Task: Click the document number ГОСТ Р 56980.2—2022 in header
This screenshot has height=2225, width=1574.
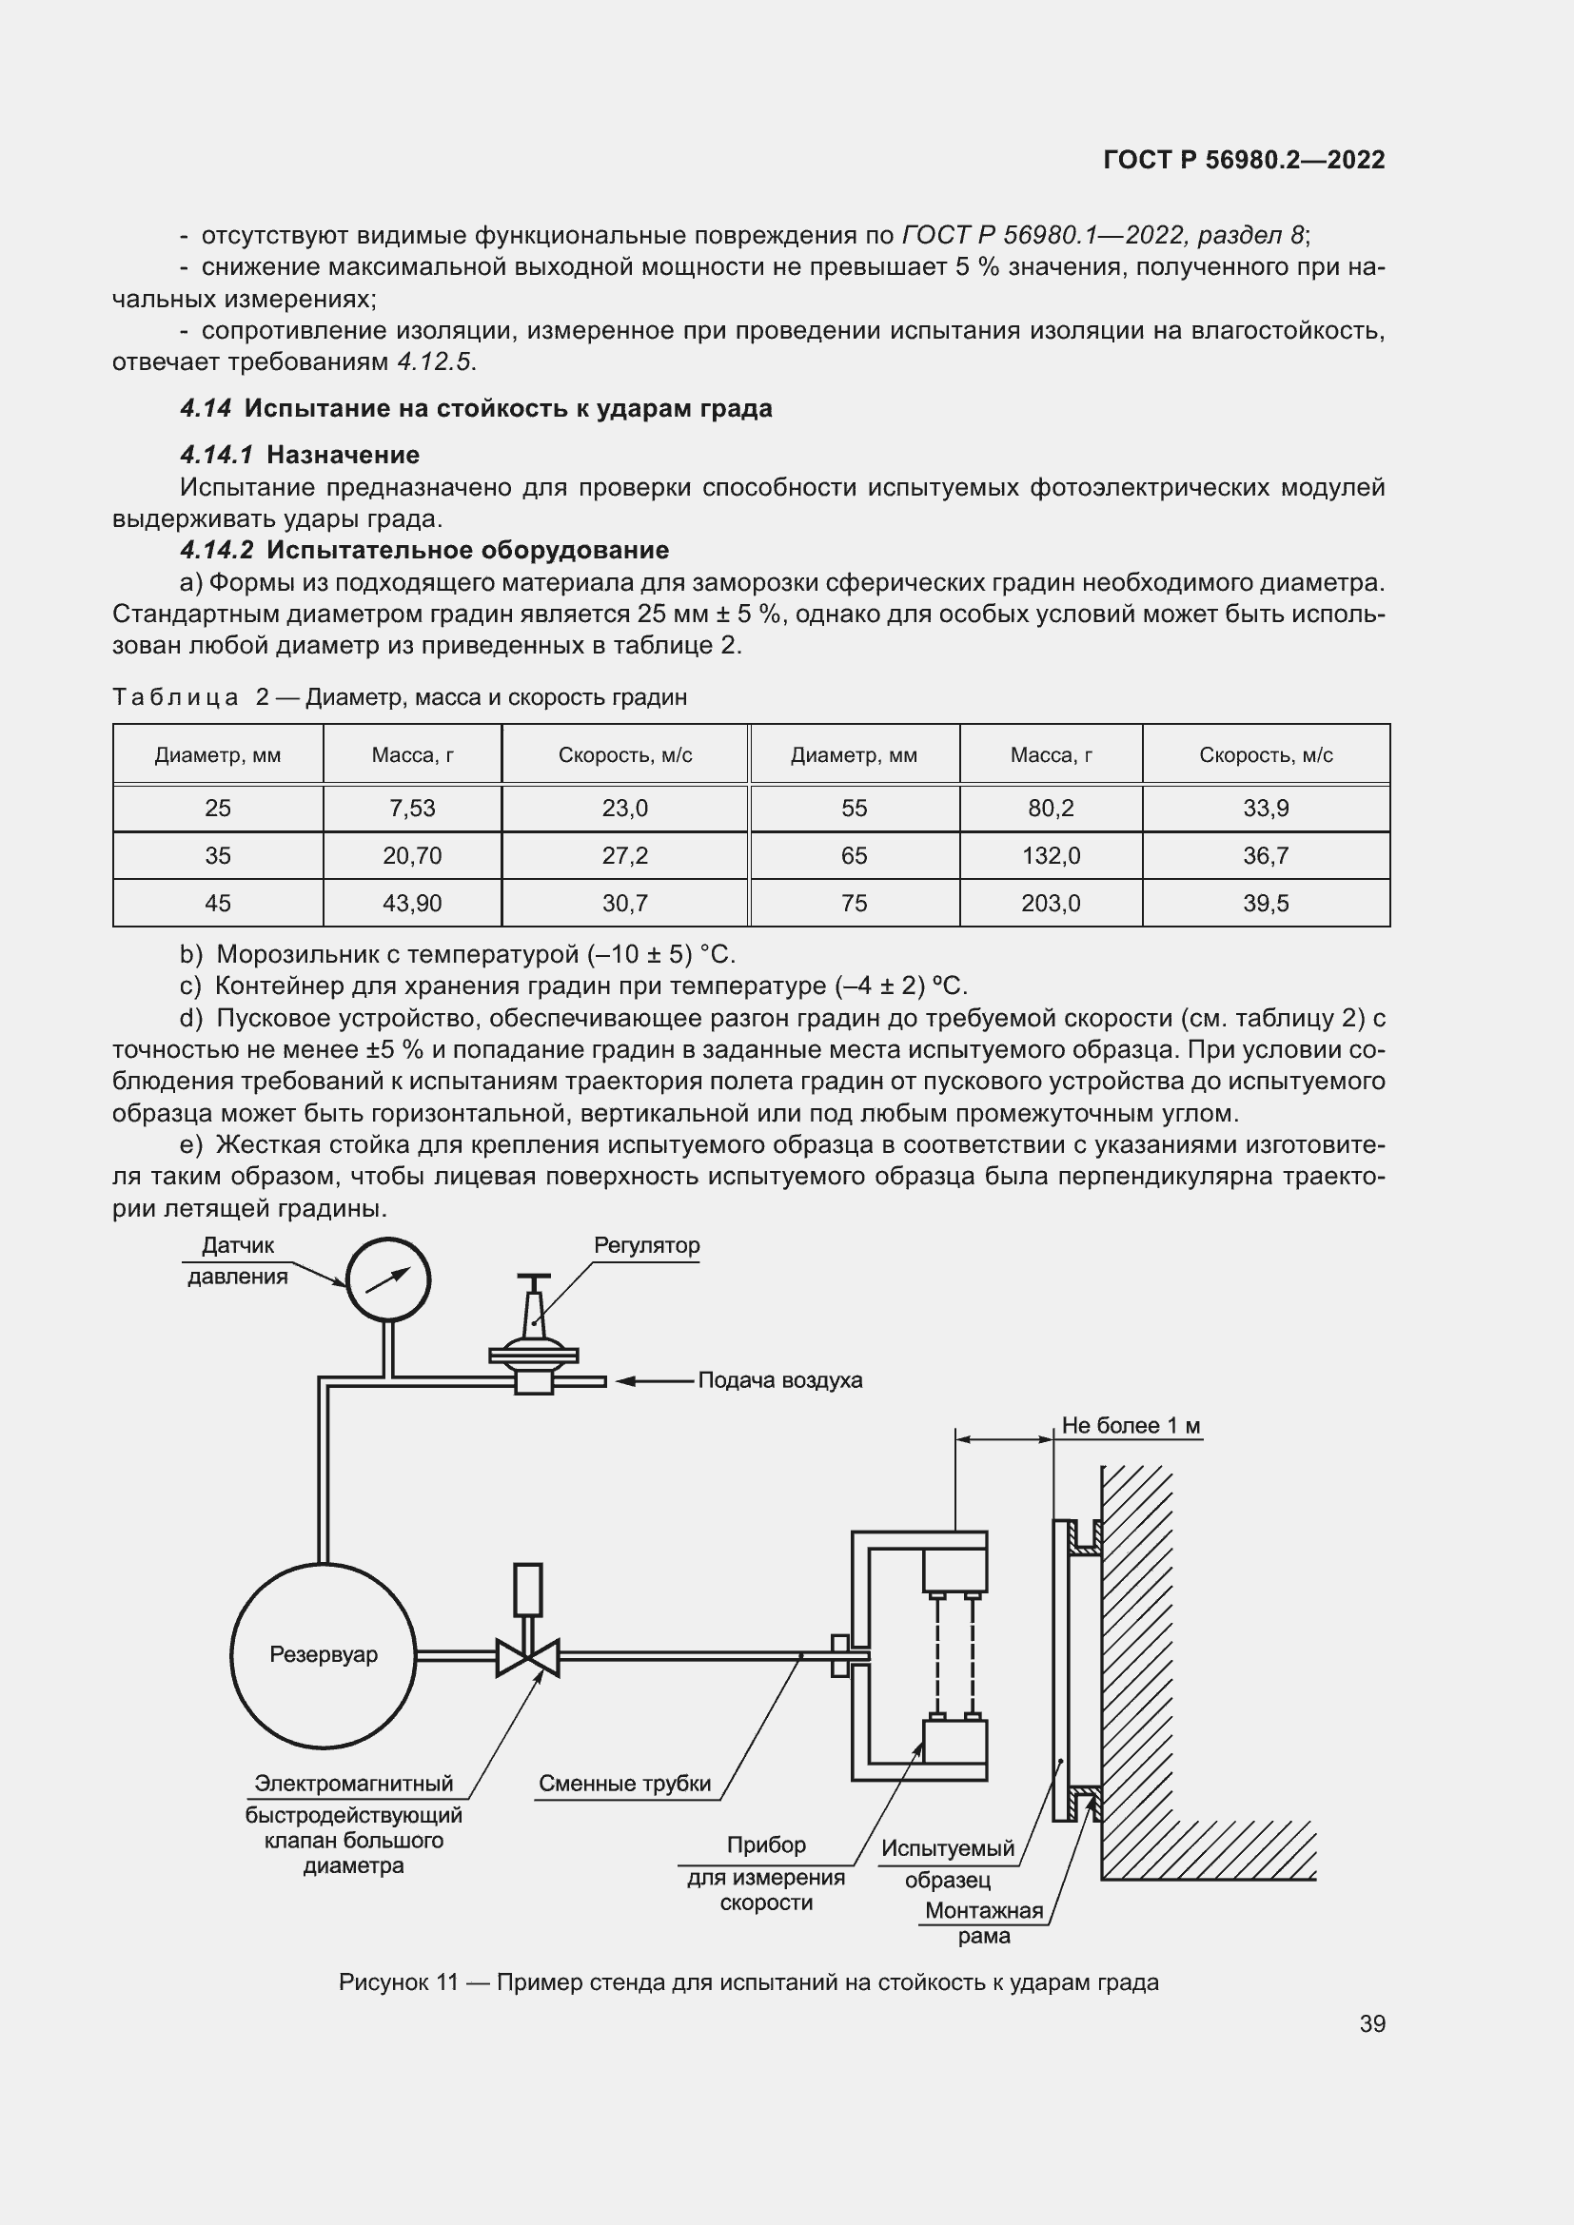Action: (x=1244, y=160)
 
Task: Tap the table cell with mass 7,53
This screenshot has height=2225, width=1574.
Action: (x=412, y=809)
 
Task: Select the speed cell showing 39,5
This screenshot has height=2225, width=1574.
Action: (x=1265, y=903)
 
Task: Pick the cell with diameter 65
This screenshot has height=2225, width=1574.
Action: (x=854, y=856)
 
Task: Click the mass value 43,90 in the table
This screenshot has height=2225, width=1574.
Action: (x=412, y=903)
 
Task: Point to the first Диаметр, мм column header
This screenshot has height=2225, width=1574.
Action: (x=217, y=755)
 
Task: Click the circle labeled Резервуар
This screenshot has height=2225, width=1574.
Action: (x=323, y=1654)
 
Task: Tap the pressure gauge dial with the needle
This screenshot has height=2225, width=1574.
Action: (x=387, y=1280)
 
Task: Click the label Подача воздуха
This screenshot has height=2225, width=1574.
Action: (x=779, y=1380)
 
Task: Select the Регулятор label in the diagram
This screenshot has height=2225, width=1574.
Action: (x=646, y=1245)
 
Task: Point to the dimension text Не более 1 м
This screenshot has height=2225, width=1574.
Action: (x=1131, y=1426)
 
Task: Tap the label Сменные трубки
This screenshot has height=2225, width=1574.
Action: (x=624, y=1783)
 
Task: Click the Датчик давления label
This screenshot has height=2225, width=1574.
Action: (x=238, y=1259)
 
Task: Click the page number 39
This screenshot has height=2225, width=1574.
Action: (x=1371, y=2023)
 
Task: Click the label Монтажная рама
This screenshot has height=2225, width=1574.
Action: (x=983, y=1922)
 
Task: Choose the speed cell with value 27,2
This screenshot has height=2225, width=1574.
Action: (x=624, y=856)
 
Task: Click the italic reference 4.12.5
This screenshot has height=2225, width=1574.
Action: (x=434, y=362)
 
